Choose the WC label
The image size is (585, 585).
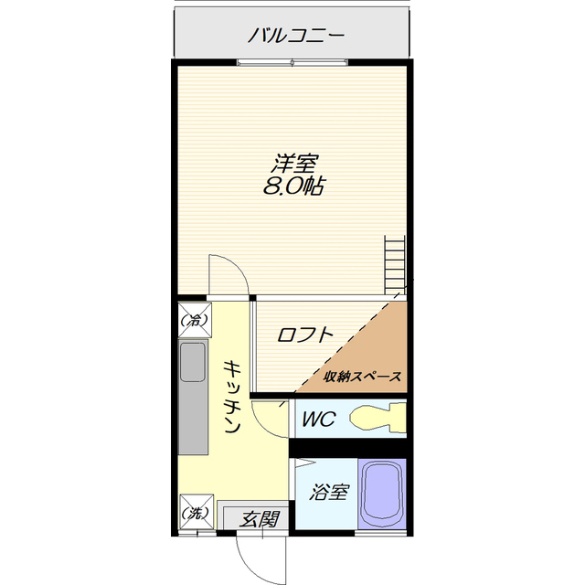pyautogui.click(x=319, y=420)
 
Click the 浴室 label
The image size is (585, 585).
pyautogui.click(x=328, y=493)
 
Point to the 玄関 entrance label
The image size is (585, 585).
pyautogui.click(x=260, y=519)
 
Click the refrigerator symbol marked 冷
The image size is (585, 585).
pyautogui.click(x=194, y=320)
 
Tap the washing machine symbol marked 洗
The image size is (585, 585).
pyautogui.click(x=194, y=513)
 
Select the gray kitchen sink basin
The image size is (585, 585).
pyautogui.click(x=194, y=363)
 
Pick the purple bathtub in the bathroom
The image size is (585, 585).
pyautogui.click(x=382, y=494)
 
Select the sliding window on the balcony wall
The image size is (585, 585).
pyautogui.click(x=292, y=62)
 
